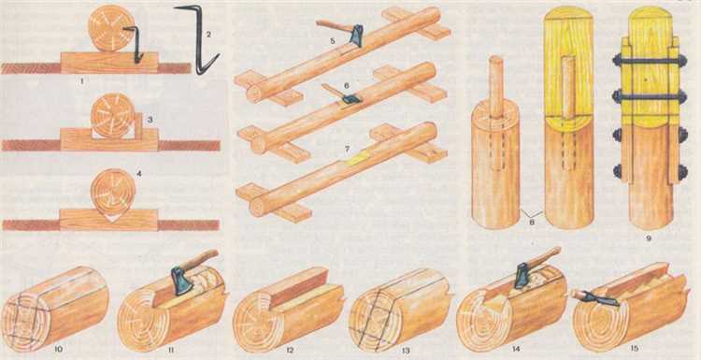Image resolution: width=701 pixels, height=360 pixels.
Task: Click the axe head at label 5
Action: pos(356,36)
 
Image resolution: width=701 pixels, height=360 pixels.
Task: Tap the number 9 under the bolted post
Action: pos(649,238)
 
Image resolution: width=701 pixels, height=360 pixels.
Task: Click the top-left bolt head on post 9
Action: pos(617,61)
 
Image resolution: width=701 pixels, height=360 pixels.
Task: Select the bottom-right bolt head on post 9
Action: pos(682,172)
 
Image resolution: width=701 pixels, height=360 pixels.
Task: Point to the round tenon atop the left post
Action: pos(495,86)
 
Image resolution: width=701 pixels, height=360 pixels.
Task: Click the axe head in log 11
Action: pos(181,281)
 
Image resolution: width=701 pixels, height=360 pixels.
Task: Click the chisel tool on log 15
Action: pos(594,298)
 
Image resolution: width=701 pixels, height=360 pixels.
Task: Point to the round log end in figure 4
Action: pos(113,192)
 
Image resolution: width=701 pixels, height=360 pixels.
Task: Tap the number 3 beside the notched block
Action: pos(150,120)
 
